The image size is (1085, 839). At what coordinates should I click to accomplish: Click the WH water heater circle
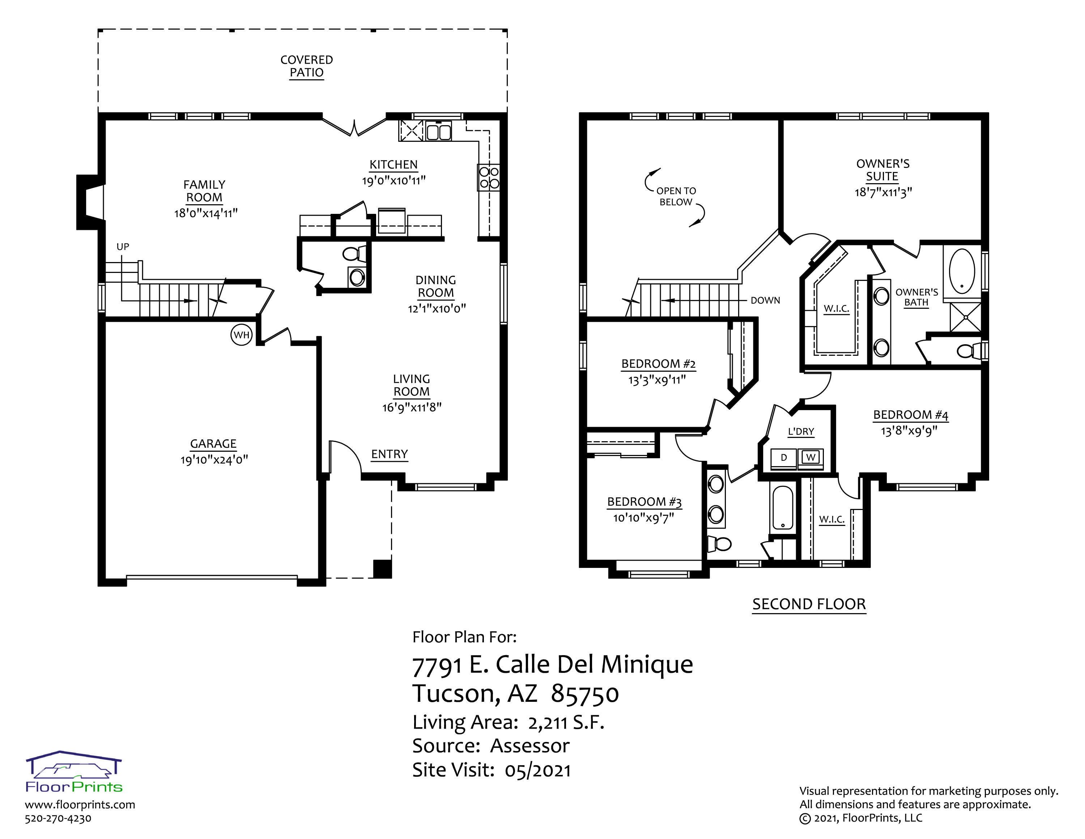(242, 335)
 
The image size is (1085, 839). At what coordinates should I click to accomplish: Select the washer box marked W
(811, 457)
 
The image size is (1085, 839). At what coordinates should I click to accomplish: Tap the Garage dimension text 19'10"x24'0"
(214, 460)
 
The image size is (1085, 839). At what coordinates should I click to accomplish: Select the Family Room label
(204, 191)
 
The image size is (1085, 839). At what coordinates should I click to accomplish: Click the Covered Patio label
(307, 66)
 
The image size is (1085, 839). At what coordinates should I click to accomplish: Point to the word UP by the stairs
(123, 246)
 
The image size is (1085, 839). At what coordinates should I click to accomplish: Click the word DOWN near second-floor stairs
(766, 300)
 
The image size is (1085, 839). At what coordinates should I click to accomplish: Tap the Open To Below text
(676, 196)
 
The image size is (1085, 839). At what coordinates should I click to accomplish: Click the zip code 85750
(585, 694)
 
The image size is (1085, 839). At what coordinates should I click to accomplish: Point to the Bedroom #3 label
(644, 502)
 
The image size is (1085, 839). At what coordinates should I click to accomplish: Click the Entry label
(390, 454)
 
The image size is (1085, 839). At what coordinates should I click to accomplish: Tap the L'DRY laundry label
(801, 431)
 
